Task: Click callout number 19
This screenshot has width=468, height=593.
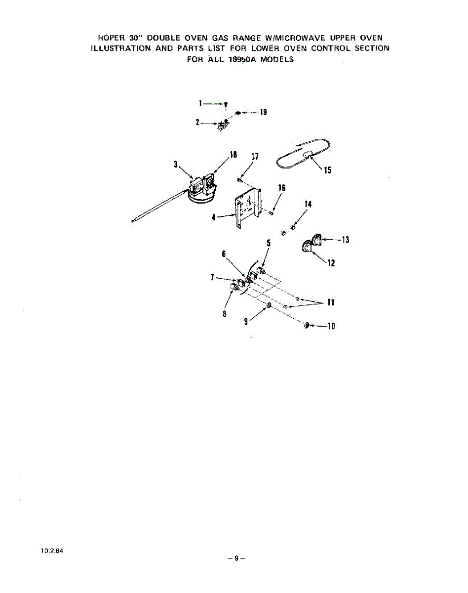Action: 264,112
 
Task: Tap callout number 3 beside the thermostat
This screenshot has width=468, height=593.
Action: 175,165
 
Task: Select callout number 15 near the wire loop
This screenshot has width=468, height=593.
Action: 327,171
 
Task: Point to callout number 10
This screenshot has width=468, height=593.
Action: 332,326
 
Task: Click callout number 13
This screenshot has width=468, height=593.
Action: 345,240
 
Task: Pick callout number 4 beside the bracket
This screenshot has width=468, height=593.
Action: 214,217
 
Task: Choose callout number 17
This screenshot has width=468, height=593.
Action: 255,157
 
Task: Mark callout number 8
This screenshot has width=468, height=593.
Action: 224,314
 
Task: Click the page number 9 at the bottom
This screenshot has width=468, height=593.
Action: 236,558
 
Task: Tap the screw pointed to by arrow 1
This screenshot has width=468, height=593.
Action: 226,104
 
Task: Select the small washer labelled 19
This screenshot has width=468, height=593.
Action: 237,113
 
